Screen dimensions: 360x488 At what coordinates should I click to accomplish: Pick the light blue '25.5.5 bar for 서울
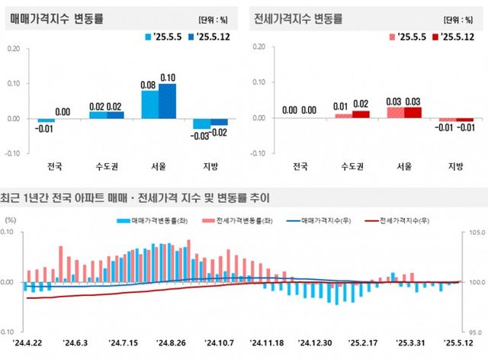click(x=150, y=104)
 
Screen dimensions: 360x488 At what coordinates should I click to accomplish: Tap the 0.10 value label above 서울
click(x=167, y=78)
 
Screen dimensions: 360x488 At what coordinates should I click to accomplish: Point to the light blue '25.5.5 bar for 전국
click(x=47, y=121)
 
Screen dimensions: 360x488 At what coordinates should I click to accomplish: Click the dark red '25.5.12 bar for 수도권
click(x=361, y=114)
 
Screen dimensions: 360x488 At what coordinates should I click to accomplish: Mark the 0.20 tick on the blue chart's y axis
click(x=13, y=48)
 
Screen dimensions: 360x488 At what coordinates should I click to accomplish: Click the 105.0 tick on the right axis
click(x=474, y=232)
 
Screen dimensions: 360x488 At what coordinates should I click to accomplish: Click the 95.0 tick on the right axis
click(x=474, y=333)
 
